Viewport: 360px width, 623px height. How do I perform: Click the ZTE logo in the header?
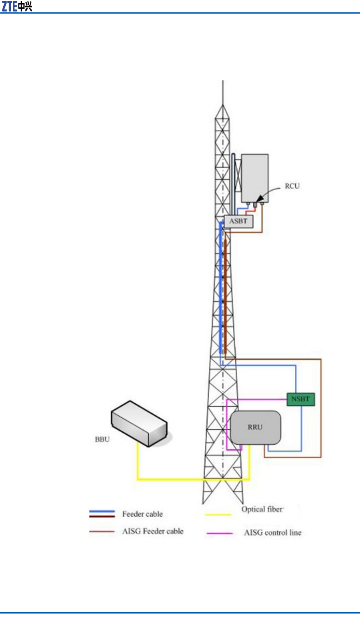tap(17, 6)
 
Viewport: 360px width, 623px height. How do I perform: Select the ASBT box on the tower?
tap(238, 221)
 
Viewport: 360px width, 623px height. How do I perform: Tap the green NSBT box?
tap(300, 399)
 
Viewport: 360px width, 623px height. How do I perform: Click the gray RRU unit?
tap(255, 427)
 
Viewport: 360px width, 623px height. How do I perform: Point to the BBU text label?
tap(102, 439)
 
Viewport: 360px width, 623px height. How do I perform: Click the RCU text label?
tap(292, 186)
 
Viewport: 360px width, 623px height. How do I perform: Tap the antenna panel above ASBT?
tap(255, 178)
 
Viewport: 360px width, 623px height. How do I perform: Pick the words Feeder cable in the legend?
tap(143, 514)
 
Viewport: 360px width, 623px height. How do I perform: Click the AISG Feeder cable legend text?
tap(153, 531)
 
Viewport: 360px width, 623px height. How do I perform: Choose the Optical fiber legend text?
tap(262, 509)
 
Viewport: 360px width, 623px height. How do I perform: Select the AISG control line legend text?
tap(273, 532)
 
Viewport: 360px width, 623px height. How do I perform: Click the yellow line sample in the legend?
tap(218, 515)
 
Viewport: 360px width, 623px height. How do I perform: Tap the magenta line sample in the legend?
tap(220, 533)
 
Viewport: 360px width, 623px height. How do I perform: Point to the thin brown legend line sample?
tap(102, 532)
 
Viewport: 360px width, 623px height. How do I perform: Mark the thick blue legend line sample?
tap(102, 512)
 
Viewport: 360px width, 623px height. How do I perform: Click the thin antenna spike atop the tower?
tap(222, 93)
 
